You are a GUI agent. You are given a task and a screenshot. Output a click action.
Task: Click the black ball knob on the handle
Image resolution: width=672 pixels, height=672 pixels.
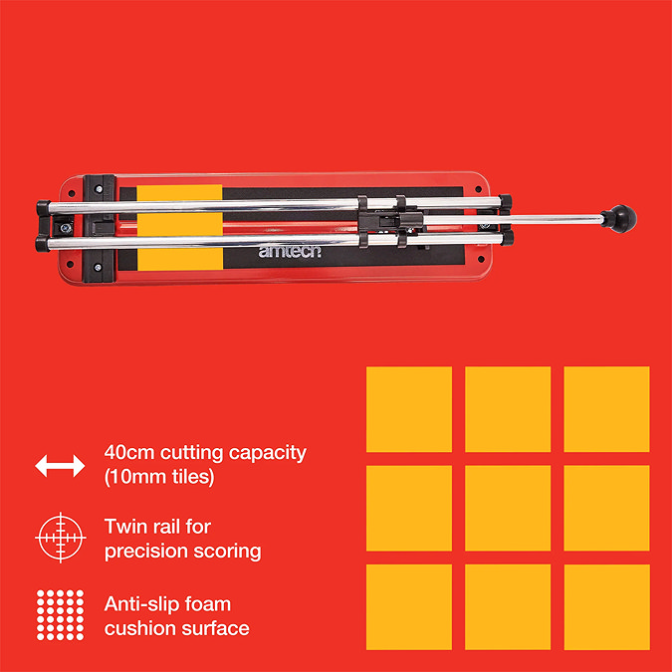click(x=620, y=219)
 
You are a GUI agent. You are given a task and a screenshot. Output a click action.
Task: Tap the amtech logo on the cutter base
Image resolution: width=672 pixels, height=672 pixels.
click(x=290, y=252)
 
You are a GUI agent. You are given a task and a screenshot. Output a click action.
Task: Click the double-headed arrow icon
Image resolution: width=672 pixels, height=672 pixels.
click(x=60, y=466)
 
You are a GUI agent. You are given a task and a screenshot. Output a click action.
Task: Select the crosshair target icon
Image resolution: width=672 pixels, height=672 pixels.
click(x=61, y=538)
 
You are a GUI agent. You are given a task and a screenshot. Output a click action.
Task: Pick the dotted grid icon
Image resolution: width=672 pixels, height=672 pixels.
click(x=60, y=615)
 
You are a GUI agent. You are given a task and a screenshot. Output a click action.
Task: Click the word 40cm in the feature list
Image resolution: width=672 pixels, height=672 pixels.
click(x=129, y=453)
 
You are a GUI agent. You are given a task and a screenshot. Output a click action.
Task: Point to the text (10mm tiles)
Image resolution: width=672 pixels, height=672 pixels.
click(x=159, y=477)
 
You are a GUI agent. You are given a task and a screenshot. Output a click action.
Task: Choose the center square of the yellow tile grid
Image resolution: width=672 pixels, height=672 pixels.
click(x=508, y=508)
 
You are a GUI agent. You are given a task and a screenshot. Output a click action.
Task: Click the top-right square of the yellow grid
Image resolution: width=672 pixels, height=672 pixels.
click(x=607, y=409)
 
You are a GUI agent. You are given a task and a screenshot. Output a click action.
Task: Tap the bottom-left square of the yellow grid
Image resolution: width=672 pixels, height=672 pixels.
click(x=409, y=607)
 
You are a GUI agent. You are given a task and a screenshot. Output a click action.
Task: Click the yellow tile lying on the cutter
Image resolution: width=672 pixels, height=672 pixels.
click(x=180, y=228)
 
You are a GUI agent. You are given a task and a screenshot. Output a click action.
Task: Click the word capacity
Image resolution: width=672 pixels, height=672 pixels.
click(x=268, y=454)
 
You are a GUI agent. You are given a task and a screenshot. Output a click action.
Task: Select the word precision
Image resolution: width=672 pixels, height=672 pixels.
click(x=145, y=552)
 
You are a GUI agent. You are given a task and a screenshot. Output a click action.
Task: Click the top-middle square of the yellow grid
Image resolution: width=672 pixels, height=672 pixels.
click(x=508, y=409)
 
